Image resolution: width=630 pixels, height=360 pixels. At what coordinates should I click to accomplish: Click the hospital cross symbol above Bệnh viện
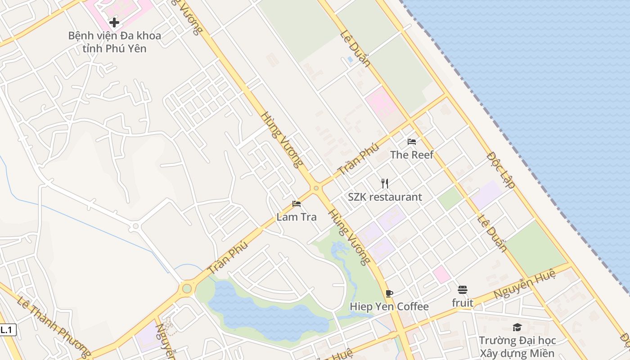point(114,22)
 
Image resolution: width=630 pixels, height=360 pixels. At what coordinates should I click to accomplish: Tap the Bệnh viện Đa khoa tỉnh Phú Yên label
point(115,42)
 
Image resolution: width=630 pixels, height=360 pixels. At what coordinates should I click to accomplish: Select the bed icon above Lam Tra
point(296,204)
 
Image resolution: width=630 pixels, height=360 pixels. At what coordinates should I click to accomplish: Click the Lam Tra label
point(297,217)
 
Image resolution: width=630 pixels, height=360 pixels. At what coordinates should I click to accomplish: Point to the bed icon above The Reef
point(412,142)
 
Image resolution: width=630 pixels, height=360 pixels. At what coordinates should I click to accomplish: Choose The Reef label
point(412,155)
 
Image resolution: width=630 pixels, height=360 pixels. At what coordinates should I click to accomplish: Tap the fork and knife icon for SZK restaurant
point(385,183)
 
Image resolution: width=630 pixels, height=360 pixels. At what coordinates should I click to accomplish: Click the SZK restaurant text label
point(385,197)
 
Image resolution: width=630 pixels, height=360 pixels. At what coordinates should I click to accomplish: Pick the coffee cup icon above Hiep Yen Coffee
point(389,294)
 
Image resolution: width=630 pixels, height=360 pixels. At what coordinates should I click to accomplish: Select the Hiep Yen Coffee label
point(389,307)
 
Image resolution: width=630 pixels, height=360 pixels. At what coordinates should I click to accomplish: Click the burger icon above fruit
point(463,290)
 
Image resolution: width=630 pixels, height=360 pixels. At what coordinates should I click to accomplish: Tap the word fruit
point(463,303)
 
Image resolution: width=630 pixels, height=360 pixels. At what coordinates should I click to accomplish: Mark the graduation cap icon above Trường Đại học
point(517,328)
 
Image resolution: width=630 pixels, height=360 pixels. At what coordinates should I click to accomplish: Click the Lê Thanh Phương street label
point(54,325)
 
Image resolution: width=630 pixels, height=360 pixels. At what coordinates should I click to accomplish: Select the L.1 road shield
point(7,330)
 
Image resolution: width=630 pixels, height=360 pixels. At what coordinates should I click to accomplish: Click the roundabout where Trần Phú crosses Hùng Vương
point(316,188)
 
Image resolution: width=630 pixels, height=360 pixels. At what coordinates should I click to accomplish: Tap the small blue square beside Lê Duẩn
point(350,59)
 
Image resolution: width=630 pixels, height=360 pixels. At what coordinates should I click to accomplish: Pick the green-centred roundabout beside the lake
point(187,288)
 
